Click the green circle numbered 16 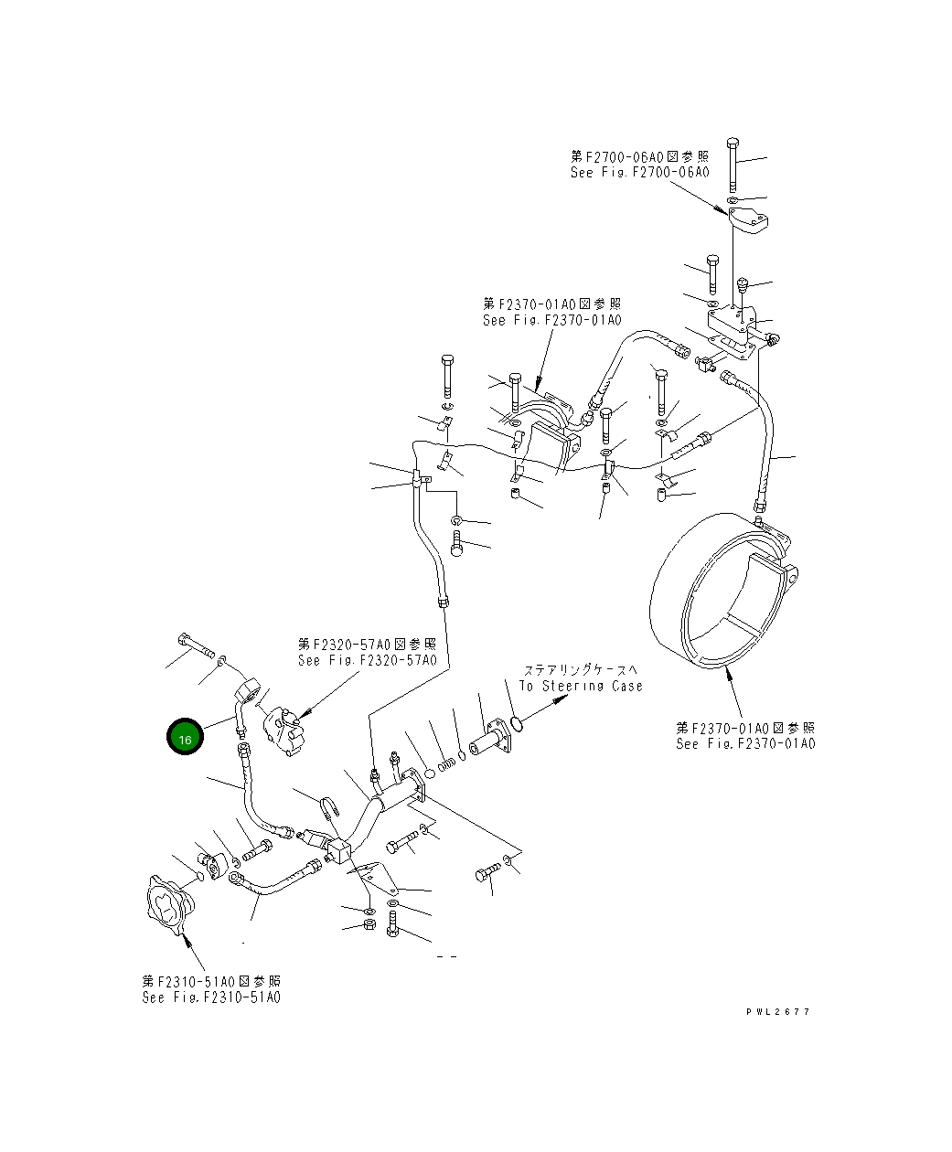click(x=185, y=739)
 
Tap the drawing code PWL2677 click(x=777, y=1011)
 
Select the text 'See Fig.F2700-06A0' click(x=639, y=172)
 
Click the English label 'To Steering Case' click(x=581, y=686)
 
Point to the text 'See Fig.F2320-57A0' click(x=367, y=660)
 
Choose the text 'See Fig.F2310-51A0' click(x=211, y=997)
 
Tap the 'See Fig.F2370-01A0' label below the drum click(x=745, y=743)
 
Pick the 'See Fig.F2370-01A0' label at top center click(x=551, y=320)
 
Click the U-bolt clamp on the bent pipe click(x=326, y=807)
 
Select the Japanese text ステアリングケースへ click(x=581, y=670)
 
